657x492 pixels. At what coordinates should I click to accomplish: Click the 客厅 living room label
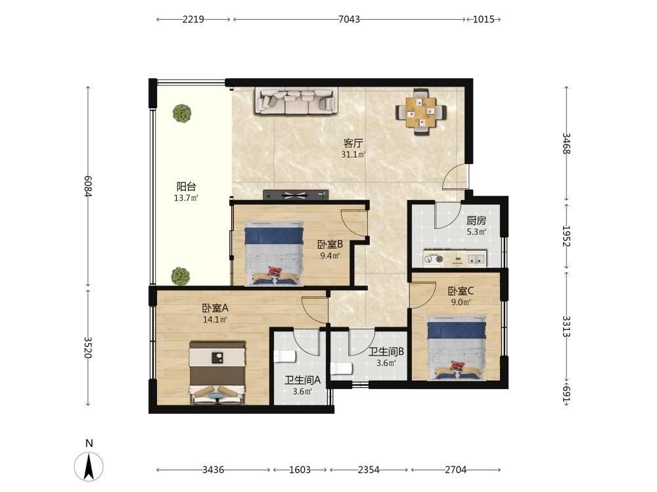coord(353,144)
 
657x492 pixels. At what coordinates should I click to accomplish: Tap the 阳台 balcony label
coord(186,186)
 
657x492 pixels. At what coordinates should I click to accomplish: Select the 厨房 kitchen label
coord(476,220)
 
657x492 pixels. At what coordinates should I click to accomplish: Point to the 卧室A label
coord(215,308)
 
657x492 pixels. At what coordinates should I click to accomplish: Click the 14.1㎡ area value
coord(215,320)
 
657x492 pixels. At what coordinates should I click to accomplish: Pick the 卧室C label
coord(461,291)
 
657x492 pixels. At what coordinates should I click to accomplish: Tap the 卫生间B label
coord(386,352)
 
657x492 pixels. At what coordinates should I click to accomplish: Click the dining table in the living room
coord(421,112)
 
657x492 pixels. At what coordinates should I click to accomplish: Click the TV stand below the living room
coord(296,195)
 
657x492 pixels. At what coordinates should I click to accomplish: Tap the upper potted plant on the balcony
coord(182,113)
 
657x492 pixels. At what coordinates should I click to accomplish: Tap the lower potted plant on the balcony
coord(181,277)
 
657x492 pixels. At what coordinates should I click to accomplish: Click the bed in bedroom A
coord(217,373)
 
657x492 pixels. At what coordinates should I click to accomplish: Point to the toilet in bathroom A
coord(285,356)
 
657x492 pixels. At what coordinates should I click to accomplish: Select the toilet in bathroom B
coord(342,369)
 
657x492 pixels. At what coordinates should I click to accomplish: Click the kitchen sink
coord(476,259)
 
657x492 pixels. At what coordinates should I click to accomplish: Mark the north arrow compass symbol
coord(89,466)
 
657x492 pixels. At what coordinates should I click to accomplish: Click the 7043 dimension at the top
coord(349,19)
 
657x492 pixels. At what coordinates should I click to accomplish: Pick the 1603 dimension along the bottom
coord(300,470)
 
